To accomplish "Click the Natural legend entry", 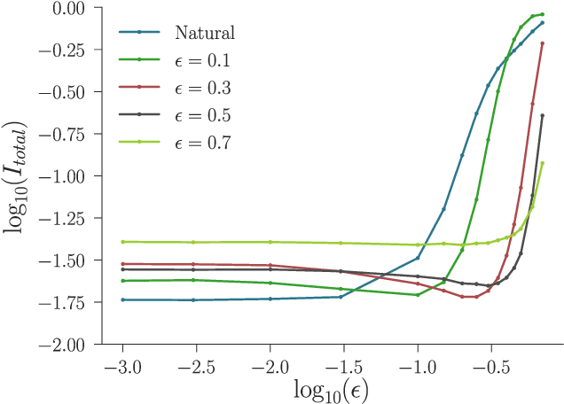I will coord(204,34).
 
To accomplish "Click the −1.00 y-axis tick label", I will coord(67,176).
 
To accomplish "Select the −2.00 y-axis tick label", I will coord(67,344).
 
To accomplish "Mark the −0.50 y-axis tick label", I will coord(67,92).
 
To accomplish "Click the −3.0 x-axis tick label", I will coord(122,365).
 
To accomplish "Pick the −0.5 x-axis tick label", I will coord(490,365).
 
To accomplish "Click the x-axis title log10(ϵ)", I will coord(331,389).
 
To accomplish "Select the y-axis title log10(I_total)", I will coord(20,175).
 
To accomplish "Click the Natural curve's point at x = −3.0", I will coord(122,299).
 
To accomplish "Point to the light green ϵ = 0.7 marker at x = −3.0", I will coord(122,241).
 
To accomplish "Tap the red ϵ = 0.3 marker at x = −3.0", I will coord(122,263).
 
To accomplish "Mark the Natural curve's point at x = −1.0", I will coord(418,258).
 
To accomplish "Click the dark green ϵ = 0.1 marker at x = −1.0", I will coord(418,294).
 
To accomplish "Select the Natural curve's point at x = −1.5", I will coord(341,297).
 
